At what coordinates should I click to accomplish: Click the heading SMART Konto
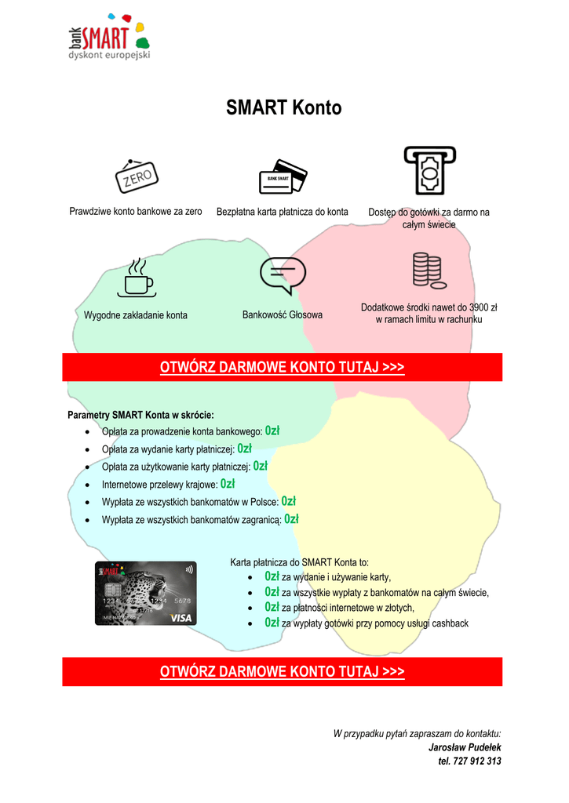point(284,108)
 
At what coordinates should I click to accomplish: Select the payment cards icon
point(283,176)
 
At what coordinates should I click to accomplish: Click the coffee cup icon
point(136,278)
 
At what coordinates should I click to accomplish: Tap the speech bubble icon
point(283,275)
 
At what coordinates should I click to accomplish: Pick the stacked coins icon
point(429,271)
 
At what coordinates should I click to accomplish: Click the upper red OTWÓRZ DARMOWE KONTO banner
point(283,367)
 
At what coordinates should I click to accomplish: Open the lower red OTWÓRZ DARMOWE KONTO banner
point(283,671)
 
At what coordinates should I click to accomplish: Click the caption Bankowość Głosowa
point(283,314)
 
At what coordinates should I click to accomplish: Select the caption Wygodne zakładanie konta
point(136,315)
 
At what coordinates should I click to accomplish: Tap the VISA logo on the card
point(181,618)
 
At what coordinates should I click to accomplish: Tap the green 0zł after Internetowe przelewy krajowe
point(228,484)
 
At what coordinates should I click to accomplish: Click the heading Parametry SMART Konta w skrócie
point(140,414)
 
